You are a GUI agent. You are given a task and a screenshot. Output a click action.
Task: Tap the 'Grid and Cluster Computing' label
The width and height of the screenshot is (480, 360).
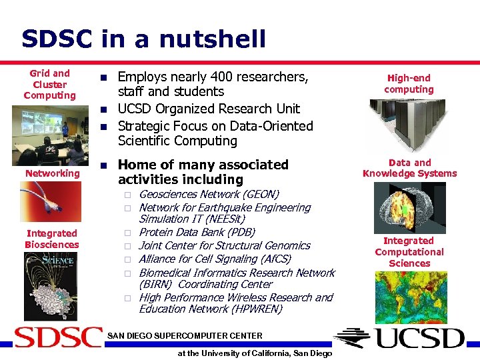click(50, 84)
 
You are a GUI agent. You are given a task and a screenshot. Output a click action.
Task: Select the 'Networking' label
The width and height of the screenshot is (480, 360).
click(53, 173)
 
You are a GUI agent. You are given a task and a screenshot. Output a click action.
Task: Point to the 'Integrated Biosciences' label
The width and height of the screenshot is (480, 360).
click(52, 239)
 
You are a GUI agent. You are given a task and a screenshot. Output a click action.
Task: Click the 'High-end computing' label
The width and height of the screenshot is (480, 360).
click(409, 83)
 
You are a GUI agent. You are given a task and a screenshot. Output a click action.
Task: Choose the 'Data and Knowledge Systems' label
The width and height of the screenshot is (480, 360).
click(409, 168)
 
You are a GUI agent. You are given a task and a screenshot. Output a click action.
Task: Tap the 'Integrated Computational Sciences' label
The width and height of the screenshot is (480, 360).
click(409, 251)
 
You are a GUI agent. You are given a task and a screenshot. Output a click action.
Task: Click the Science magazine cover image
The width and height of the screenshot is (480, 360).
click(50, 287)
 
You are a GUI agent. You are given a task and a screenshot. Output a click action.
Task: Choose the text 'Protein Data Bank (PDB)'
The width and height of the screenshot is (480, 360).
click(197, 232)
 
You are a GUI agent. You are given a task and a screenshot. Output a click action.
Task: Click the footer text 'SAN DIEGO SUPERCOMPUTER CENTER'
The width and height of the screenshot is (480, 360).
click(185, 335)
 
